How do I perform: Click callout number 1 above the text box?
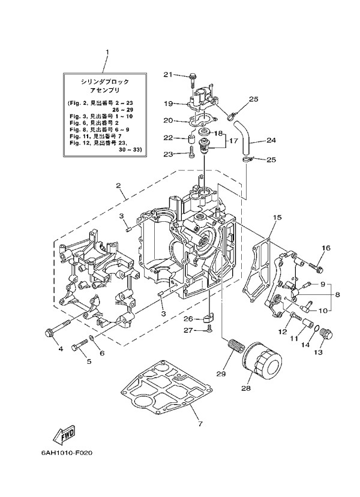(x=107, y=52)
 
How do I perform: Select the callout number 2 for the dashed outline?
(x=121, y=195)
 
